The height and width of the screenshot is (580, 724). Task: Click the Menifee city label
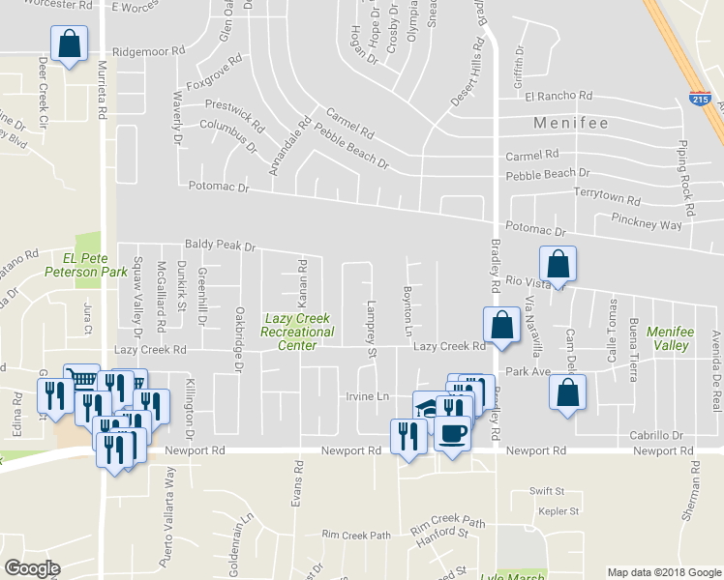[x=571, y=124]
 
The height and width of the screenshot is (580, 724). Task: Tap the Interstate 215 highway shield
[x=698, y=98]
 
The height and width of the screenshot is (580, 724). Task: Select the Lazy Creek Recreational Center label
[x=297, y=332]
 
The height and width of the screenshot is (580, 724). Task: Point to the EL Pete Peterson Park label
[x=96, y=266]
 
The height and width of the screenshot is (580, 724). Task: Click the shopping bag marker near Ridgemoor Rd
[x=69, y=44]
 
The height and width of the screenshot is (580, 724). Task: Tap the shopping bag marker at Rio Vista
[x=558, y=263]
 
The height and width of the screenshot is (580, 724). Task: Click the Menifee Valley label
[x=670, y=338]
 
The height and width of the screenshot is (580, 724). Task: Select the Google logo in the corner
[x=31, y=567]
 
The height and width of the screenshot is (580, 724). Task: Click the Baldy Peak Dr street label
[x=220, y=246]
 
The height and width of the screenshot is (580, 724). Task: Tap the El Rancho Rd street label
[x=558, y=96]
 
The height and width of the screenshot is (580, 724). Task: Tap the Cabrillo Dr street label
[x=656, y=436]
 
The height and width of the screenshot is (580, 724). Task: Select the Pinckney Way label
[x=647, y=223]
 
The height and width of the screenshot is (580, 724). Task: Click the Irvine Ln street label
[x=368, y=397]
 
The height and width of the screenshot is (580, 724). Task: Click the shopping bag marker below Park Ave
[x=567, y=393]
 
